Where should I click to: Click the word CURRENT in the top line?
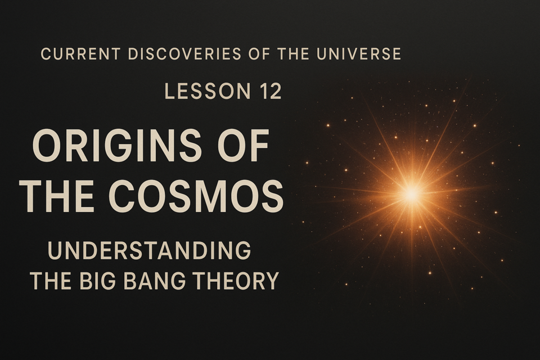tap(80, 54)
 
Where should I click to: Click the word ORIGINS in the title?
tap(117, 145)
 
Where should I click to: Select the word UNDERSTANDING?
tap(149, 250)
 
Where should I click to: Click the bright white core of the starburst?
tap(411, 195)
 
